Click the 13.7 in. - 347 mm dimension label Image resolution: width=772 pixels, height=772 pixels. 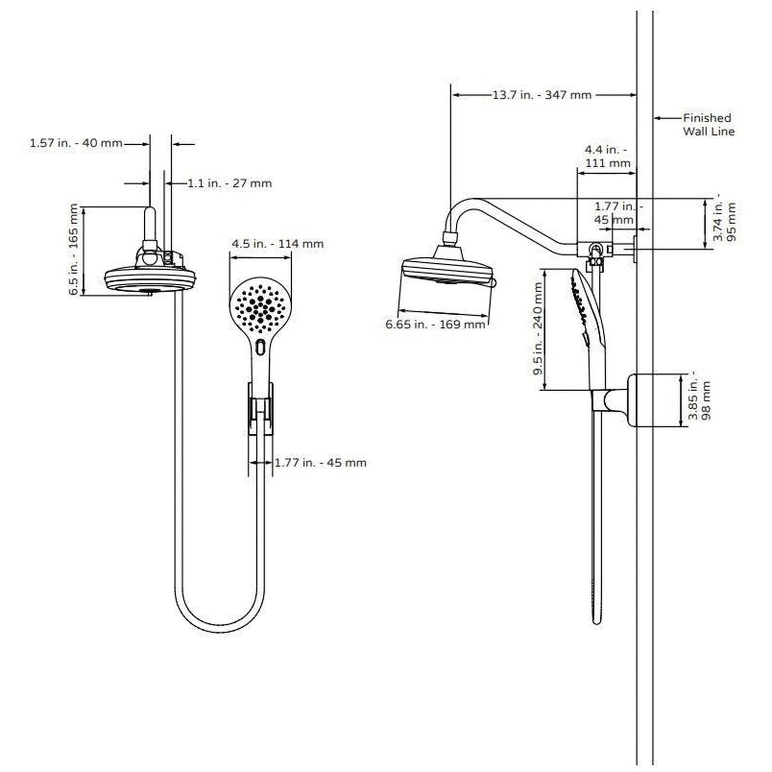pos(542,95)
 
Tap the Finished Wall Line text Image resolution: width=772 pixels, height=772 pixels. pos(708,124)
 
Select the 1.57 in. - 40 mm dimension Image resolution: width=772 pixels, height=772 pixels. pos(76,143)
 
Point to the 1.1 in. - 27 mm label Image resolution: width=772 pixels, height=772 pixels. pos(230,183)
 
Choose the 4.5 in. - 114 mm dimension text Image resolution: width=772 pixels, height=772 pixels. pos(277,244)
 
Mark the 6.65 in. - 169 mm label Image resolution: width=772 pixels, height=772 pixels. pos(435,324)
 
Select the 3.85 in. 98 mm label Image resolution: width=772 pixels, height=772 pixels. pos(699,400)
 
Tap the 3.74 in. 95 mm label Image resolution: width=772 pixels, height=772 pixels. pos(724,221)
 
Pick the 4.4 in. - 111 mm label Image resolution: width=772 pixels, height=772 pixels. pos(607,156)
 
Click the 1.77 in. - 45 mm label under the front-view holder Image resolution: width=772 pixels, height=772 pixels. pos(321,462)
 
